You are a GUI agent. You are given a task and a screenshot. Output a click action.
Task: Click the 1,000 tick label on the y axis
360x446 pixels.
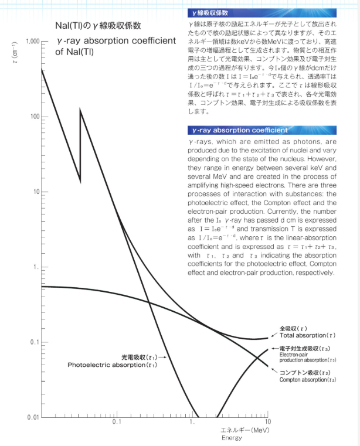[30, 42]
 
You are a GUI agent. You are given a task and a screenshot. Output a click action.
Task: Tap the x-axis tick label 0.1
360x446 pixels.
[117, 423]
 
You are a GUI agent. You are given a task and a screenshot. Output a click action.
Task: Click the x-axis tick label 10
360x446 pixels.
[268, 423]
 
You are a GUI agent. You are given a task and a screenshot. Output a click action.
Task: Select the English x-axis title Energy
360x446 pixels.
[232, 438]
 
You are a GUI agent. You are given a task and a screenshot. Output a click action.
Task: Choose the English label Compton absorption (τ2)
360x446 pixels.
[307, 380]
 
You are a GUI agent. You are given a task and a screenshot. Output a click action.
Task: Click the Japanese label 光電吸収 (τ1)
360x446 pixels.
[139, 356]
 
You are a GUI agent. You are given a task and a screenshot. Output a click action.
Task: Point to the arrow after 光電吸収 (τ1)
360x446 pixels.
[162, 356]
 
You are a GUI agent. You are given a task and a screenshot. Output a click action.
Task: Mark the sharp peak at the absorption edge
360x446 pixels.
[80, 110]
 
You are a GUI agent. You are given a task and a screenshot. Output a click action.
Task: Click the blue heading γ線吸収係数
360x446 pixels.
[213, 12]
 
